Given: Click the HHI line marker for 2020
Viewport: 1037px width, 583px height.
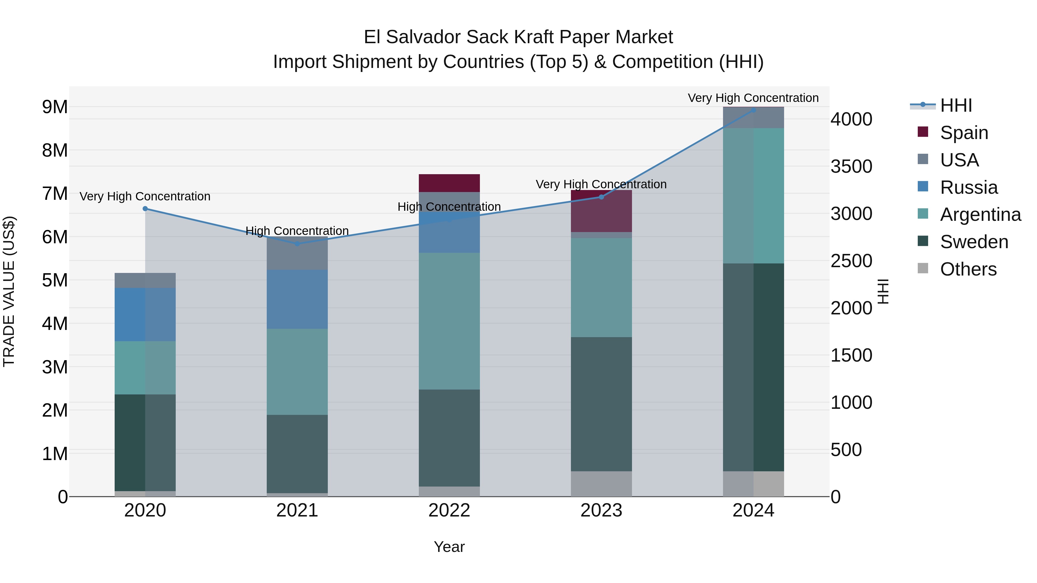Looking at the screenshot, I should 145,209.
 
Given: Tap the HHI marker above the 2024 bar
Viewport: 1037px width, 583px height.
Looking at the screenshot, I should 754,110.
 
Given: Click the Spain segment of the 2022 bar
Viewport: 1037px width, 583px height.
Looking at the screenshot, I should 449,183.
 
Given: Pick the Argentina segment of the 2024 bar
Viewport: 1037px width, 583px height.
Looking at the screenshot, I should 754,196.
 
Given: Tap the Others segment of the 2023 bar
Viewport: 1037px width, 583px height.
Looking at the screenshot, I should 601,484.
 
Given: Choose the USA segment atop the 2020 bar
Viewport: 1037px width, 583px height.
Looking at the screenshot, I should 145,280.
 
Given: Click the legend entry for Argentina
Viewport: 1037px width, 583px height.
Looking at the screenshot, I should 981,214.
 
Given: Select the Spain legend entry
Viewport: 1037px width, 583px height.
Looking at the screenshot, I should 964,132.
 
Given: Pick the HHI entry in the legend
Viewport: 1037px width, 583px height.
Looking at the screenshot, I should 956,105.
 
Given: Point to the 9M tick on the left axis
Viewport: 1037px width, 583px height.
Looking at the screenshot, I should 55,107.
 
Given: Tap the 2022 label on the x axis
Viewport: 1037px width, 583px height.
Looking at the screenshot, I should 449,510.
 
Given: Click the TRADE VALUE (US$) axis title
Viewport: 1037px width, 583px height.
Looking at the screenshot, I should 9,291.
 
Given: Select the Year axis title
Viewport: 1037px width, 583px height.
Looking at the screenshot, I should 449,547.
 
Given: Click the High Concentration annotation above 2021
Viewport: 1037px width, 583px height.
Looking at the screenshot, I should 297,231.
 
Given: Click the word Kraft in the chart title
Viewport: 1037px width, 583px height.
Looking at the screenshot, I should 534,37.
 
